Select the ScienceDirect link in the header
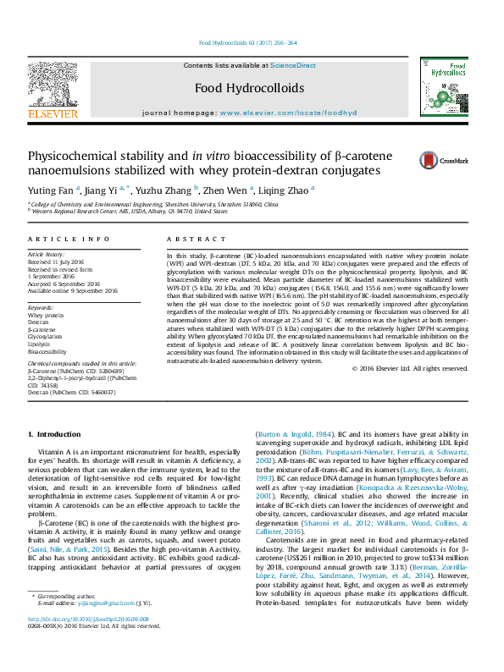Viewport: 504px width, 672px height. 293,65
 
